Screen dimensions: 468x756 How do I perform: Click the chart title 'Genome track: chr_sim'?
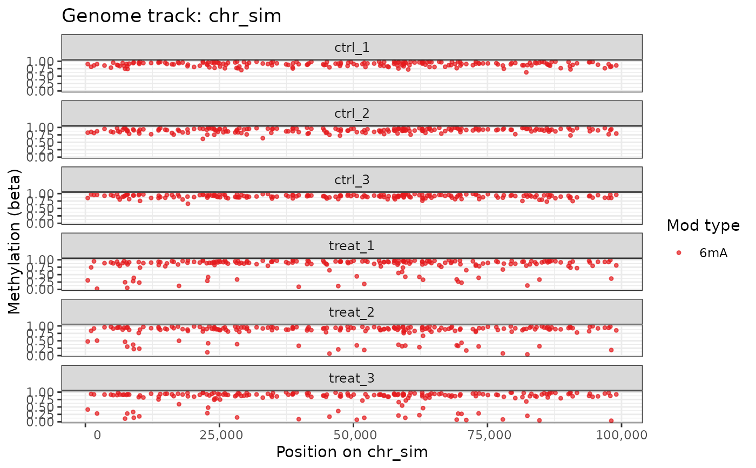(x=172, y=16)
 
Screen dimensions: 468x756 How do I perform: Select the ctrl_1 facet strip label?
(x=352, y=48)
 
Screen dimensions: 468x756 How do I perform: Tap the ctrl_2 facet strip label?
(x=352, y=114)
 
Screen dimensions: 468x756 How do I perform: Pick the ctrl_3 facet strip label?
(x=352, y=180)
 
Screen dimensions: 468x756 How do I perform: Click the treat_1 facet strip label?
(x=352, y=246)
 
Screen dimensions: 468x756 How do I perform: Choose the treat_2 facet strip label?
(x=352, y=312)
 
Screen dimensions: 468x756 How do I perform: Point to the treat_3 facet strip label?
(x=352, y=378)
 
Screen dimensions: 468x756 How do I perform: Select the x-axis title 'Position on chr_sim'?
(x=352, y=452)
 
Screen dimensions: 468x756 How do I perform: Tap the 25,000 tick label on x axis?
(x=219, y=434)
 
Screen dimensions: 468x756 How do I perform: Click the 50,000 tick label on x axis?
(x=353, y=434)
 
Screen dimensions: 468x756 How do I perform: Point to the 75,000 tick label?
(x=487, y=434)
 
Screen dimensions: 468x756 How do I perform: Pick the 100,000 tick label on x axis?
(x=621, y=434)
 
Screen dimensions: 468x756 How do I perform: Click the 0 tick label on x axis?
(x=85, y=434)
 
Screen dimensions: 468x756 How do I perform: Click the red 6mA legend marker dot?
(x=679, y=252)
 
